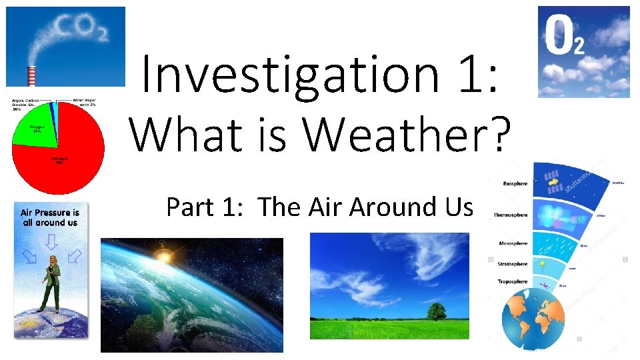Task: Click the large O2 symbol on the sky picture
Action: click(x=564, y=37)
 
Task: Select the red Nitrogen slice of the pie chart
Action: click(x=63, y=163)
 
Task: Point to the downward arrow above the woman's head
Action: click(x=50, y=245)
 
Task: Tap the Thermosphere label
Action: click(x=511, y=215)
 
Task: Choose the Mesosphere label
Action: click(x=513, y=244)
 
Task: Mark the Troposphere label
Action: click(x=512, y=281)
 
